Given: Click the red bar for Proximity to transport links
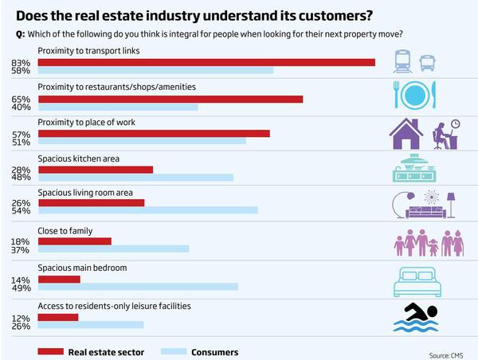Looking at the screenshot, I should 206,62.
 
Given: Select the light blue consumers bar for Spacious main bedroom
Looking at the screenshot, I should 138,287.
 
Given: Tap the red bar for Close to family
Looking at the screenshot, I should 75,241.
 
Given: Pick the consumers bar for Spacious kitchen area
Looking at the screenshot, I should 135,178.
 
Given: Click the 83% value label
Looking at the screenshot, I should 22,62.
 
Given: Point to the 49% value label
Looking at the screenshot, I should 22,287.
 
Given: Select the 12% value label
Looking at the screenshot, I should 22,316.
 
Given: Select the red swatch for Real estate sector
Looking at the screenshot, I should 49,350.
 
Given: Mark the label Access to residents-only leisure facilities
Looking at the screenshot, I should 114,305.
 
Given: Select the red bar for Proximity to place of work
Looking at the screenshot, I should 154,134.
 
